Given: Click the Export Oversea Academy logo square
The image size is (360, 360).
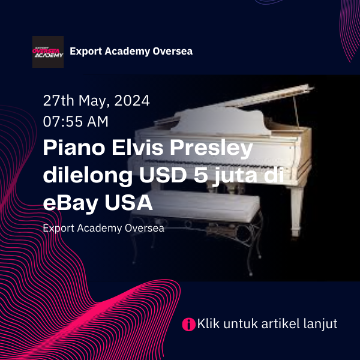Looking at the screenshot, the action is pyautogui.click(x=48, y=52).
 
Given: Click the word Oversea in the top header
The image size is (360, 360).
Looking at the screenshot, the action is pyautogui.click(x=173, y=51).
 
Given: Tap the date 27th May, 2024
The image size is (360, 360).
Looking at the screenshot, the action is pyautogui.click(x=97, y=101).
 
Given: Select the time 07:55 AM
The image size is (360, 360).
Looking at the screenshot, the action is pyautogui.click(x=76, y=121).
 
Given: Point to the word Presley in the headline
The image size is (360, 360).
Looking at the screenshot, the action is pyautogui.click(x=211, y=149).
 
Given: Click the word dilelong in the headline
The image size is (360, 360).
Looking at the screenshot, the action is pyautogui.click(x=88, y=176).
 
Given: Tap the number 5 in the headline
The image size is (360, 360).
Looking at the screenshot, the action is pyautogui.click(x=201, y=175).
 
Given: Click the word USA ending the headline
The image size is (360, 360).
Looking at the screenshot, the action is pyautogui.click(x=129, y=203).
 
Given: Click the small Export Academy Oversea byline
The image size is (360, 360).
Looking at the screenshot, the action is pyautogui.click(x=104, y=229).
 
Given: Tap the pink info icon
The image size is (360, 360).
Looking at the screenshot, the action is pyautogui.click(x=189, y=325).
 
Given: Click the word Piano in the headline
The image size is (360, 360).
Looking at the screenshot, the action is pyautogui.click(x=74, y=148).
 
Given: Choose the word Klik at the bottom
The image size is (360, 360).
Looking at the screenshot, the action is pyautogui.click(x=208, y=324).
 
